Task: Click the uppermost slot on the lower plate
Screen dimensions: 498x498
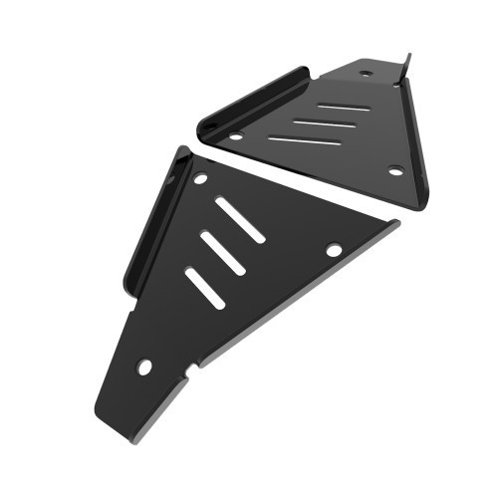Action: tap(239, 219)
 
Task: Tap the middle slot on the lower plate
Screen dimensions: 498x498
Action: tap(223, 253)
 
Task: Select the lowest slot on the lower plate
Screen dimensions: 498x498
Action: tap(204, 287)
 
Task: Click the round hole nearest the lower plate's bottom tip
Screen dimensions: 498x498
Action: tap(144, 367)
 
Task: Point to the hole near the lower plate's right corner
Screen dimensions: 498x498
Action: tap(334, 249)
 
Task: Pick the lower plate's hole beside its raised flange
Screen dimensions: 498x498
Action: tap(200, 179)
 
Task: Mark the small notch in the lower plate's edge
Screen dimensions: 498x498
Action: tap(191, 370)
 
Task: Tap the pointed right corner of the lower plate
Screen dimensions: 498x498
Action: tap(397, 223)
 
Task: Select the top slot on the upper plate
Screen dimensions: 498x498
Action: tap(345, 107)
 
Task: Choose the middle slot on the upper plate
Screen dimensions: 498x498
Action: tap(323, 124)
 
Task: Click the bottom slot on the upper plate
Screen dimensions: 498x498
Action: tap(305, 140)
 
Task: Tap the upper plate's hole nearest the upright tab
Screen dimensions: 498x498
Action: tap(366, 73)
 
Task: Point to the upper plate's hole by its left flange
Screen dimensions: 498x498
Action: tap(236, 136)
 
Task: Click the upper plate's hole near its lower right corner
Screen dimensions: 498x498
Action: tap(395, 170)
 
